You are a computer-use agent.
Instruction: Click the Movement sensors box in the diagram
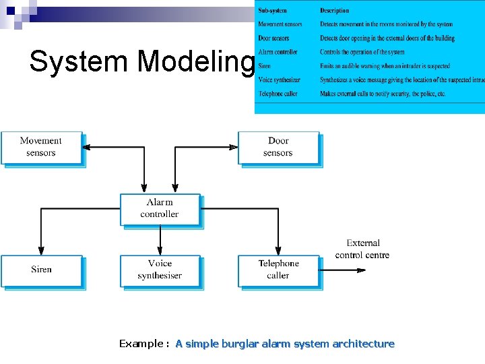(x=41, y=147)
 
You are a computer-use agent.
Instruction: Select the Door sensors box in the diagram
(x=278, y=147)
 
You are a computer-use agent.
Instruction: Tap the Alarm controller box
(x=160, y=208)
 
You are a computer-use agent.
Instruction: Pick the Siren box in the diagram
(x=41, y=270)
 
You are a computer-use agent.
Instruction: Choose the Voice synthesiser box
(x=160, y=270)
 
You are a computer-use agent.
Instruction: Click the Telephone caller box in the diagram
(x=278, y=270)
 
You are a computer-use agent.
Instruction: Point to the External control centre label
(x=362, y=249)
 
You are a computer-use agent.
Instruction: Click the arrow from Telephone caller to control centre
(x=343, y=270)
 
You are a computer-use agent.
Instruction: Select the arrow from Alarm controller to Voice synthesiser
(x=160, y=240)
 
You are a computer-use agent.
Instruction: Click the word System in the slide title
(x=80, y=62)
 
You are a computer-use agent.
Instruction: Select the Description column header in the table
(x=335, y=11)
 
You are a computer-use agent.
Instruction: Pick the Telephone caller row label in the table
(x=278, y=94)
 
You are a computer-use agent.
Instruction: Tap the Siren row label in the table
(x=264, y=66)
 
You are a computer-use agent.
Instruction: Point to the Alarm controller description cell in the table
(x=362, y=52)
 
